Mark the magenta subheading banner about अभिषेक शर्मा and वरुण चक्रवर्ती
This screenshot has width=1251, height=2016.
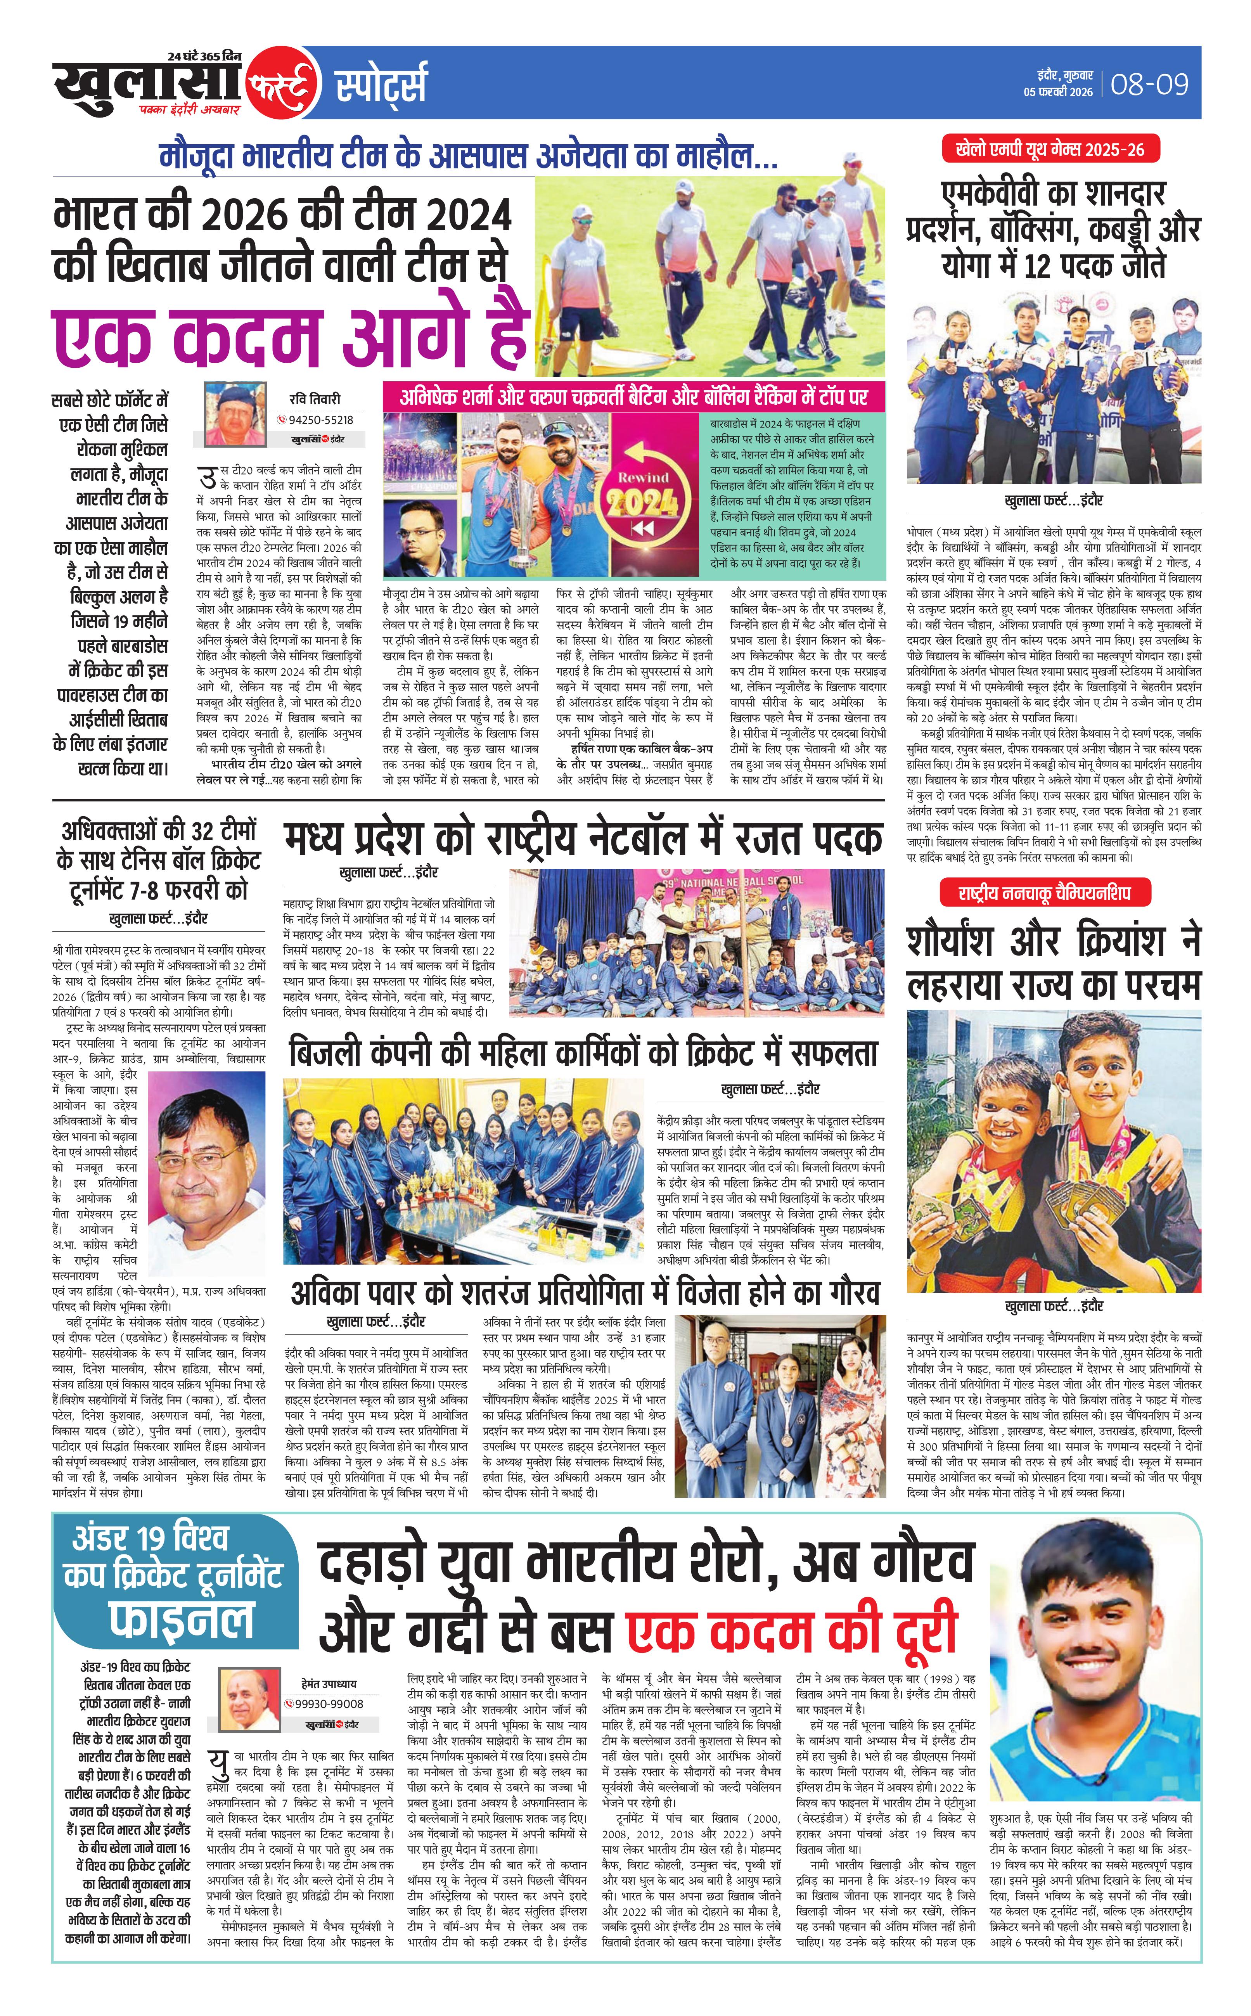tap(633, 397)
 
